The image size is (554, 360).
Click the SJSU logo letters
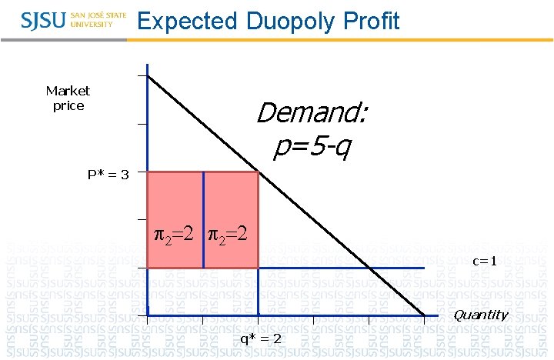(43, 20)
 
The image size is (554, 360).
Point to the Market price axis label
(68, 98)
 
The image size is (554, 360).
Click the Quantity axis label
(480, 315)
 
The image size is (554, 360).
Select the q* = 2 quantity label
(261, 339)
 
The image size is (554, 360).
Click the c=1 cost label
(485, 261)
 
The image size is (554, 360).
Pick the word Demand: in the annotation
(312, 114)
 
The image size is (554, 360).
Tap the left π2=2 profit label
(175, 232)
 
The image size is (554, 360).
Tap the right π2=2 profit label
(229, 232)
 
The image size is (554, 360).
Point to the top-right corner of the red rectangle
(258, 172)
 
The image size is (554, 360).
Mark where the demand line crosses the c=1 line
(370, 268)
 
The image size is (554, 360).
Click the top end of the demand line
(149, 75)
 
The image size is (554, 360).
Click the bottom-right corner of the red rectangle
(258, 268)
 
